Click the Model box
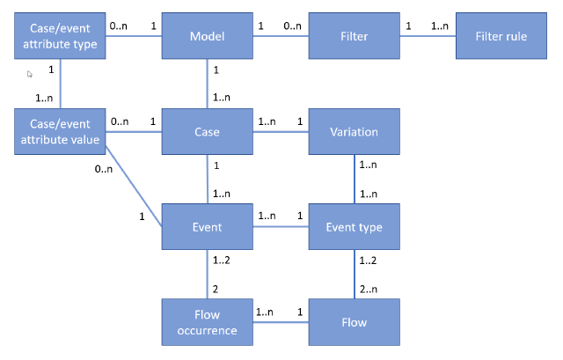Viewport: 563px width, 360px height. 207,37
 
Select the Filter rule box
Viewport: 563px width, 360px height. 501,37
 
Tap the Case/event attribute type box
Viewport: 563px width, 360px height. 59,37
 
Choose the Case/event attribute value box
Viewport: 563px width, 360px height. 59,132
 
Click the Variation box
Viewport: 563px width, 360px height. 354,132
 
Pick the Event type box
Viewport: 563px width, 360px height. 354,227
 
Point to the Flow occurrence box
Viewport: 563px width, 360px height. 207,322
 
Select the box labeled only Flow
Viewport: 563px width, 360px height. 354,322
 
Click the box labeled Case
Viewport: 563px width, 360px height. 207,132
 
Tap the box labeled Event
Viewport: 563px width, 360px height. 207,227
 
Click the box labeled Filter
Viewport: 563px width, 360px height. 354,37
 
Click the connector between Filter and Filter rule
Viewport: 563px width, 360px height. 428,37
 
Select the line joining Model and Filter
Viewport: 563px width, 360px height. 281,37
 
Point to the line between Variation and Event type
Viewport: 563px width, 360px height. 354,180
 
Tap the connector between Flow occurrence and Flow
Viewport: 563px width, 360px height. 281,322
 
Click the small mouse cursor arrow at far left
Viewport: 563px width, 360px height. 29,75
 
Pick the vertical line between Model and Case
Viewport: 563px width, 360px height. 207,84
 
